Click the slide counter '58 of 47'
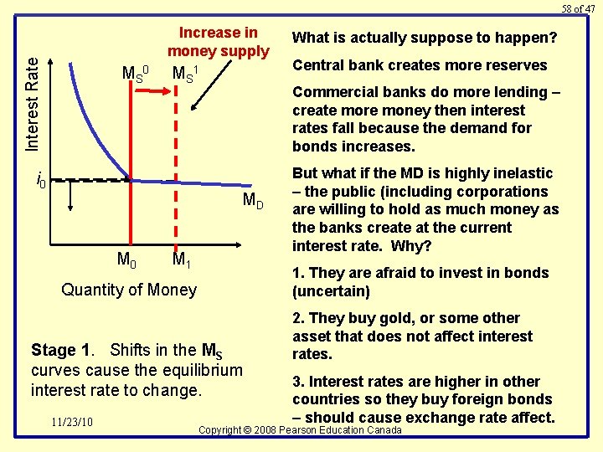point(578,8)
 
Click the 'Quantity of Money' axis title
point(129,290)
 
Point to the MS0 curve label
point(135,73)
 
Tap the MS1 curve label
point(185,73)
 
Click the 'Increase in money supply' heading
point(219,42)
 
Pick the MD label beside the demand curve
point(253,200)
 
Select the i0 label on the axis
point(40,178)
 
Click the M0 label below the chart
point(126,260)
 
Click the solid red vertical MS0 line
point(131,209)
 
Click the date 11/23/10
point(71,421)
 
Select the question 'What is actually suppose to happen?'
point(424,38)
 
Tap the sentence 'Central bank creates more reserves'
point(420,65)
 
